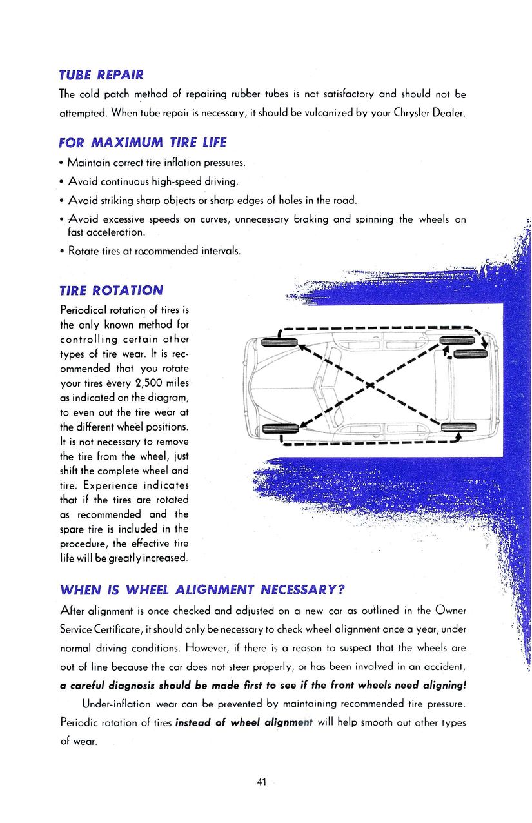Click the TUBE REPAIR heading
[101, 74]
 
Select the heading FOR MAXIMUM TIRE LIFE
[143, 142]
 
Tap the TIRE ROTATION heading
[111, 290]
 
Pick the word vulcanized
[303, 113]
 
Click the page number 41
[262, 782]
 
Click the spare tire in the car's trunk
[470, 353]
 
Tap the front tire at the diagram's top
[279, 340]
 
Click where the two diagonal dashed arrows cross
[369, 385]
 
